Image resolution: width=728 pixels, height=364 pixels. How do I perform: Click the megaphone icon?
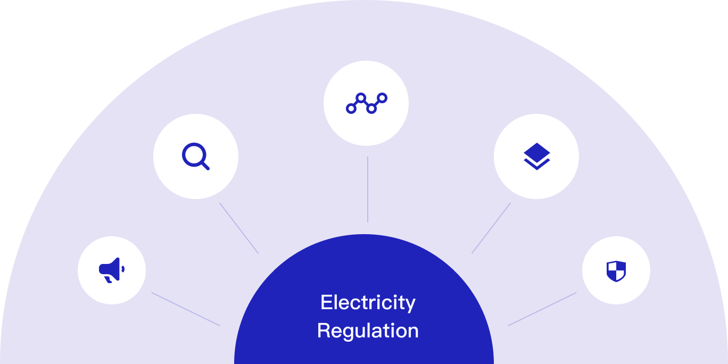pos(112,270)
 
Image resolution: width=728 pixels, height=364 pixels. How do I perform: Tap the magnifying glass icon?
pos(196,156)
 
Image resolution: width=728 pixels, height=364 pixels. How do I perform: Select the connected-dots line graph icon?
pos(367,103)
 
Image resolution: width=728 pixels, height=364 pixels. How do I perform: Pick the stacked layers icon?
pos(537,156)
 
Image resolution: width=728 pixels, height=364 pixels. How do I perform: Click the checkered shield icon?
pos(616,271)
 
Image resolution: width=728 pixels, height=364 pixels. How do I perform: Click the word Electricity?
pos(368,303)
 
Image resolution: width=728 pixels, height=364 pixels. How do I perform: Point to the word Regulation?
pos(368,331)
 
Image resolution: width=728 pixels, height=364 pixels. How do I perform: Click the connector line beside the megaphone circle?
pos(186,309)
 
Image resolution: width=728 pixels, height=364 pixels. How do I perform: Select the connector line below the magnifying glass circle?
pos(239,228)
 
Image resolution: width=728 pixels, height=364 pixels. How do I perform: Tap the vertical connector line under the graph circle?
pos(368,189)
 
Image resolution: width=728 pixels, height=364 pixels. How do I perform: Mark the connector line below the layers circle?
pos(491,228)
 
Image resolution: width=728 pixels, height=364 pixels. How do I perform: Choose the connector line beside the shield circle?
pos(542,309)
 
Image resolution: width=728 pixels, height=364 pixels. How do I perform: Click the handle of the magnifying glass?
pos(205,166)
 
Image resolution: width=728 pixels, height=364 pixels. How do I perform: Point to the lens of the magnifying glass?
pos(194,155)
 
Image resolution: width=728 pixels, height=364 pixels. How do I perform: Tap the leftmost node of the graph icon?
pos(351,109)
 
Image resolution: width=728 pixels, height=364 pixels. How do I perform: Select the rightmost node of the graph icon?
pos(382,98)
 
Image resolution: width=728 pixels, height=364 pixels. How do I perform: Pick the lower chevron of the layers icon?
pos(537,164)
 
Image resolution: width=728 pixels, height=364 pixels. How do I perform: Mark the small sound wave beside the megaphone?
pos(123,269)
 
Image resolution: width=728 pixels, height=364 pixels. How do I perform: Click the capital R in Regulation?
pos(324,330)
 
